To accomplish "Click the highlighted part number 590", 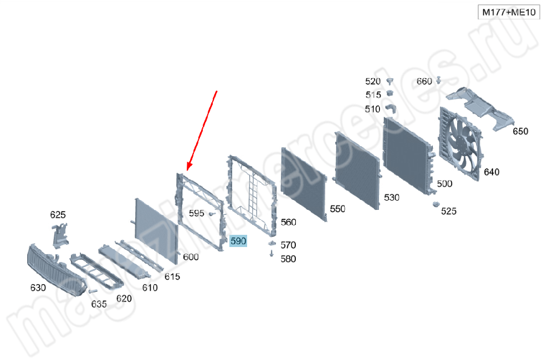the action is tap(238, 241).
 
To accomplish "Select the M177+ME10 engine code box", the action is tap(509, 12).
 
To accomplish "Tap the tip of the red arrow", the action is tap(187, 171).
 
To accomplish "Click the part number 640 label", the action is tap(491, 172).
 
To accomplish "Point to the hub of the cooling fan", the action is tap(459, 142).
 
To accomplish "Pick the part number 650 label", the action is tap(520, 131).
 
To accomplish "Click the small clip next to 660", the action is tap(438, 80).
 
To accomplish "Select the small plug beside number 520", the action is tap(390, 81).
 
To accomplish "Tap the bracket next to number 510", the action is tap(391, 109).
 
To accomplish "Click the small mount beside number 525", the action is tap(436, 204).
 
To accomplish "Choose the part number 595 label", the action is tap(196, 213).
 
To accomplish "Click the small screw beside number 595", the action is tap(212, 214).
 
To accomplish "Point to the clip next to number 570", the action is tap(272, 243).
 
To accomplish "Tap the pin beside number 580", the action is tap(271, 254).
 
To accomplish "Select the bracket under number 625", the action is tap(60, 235).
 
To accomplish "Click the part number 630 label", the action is tap(38, 287).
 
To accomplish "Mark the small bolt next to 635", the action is tap(93, 291).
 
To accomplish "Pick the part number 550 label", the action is tap(337, 209).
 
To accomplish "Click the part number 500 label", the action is tap(444, 183).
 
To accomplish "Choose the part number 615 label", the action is tap(172, 276).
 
